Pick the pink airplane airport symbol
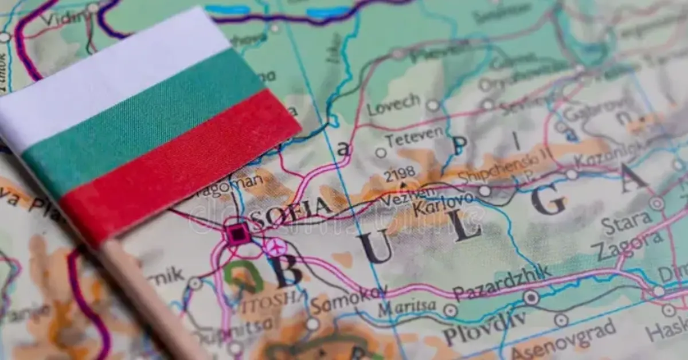point(275,247)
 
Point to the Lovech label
point(394,104)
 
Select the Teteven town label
point(414,137)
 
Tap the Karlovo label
point(443,204)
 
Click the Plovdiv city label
point(484,330)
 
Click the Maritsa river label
point(406,308)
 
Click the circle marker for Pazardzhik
point(531,298)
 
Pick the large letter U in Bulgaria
point(376,247)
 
